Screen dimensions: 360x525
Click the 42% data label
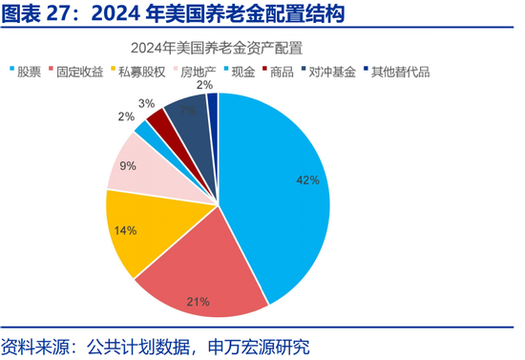[x=306, y=180]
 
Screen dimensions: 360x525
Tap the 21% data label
[x=198, y=302]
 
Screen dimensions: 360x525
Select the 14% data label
[x=124, y=230]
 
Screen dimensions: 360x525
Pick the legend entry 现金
[x=244, y=71]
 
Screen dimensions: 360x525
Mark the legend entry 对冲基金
[x=330, y=71]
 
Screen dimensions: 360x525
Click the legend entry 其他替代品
[x=397, y=71]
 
